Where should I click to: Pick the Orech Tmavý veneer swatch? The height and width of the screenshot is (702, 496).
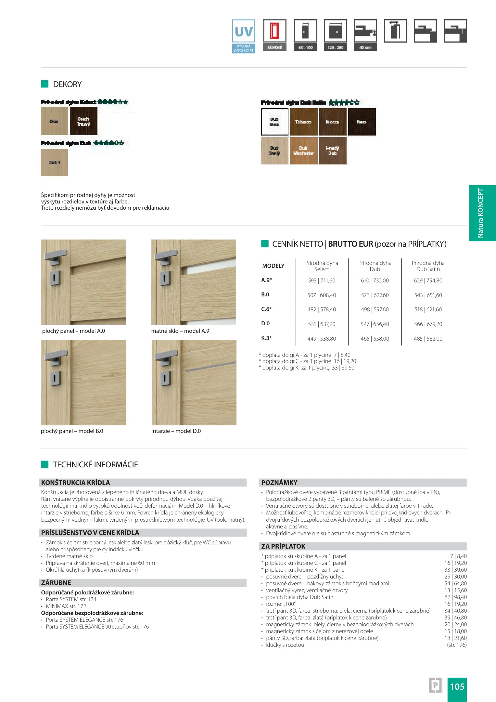(83, 121)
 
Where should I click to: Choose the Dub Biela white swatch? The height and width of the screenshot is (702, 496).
(274, 122)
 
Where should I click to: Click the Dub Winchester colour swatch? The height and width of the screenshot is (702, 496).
(303, 151)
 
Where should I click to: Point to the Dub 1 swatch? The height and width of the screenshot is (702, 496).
(54, 162)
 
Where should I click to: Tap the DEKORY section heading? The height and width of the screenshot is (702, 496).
(67, 84)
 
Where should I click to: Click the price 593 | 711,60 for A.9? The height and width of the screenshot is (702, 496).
(322, 280)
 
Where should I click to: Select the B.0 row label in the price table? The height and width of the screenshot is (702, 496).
(265, 295)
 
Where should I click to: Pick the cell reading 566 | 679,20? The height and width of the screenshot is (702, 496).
(428, 324)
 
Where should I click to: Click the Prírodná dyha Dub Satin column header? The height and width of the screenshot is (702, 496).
(428, 266)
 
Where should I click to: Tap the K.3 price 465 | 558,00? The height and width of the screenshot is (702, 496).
(375, 339)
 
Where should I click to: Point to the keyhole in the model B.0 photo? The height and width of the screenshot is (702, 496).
(55, 378)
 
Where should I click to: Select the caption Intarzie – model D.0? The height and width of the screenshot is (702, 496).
(176, 431)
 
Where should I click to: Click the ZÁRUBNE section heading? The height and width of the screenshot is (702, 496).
(56, 583)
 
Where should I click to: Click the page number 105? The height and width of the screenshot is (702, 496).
(457, 686)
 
